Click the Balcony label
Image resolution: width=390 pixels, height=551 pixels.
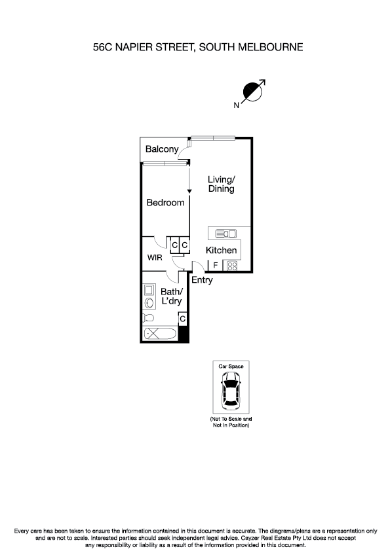pos(162,150)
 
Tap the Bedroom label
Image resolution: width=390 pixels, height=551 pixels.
pos(165,203)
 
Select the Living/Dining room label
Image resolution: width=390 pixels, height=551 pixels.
pos(222,184)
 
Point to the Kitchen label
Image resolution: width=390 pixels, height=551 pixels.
pos(222,251)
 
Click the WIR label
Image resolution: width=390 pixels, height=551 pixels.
pos(155,258)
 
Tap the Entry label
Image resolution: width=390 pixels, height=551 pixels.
pos(203,280)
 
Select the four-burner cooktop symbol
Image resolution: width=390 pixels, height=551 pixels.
pos(232,266)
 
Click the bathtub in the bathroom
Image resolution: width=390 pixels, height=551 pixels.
pos(161,334)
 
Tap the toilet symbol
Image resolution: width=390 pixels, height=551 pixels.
pos(149,318)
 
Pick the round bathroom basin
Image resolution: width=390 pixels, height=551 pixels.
pos(149,303)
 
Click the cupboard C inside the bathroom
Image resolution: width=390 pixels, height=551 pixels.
pos(183,319)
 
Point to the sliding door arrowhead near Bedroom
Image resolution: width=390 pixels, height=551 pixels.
pos(189,190)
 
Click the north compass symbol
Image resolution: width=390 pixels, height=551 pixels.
pos(252,93)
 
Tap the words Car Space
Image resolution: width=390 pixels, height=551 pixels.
pos(231,366)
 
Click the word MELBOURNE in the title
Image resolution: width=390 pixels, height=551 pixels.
pos(269,46)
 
